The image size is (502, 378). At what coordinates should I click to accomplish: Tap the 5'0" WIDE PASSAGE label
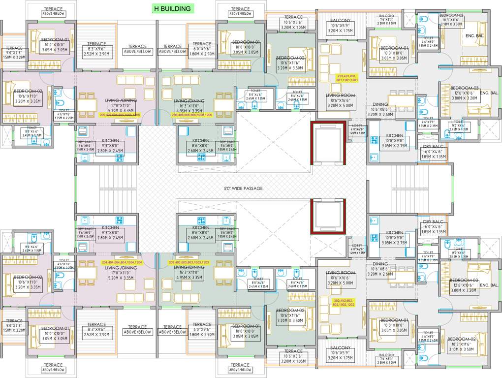coord(243,189)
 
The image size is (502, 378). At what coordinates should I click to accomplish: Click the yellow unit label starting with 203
coord(189,262)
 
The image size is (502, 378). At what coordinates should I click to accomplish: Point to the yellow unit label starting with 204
coord(122,262)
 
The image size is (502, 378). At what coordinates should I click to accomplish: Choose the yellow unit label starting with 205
coord(120,115)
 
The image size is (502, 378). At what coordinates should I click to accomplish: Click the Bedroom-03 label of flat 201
coord(465,94)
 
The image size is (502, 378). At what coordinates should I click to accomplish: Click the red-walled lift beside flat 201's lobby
coord(328,144)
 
